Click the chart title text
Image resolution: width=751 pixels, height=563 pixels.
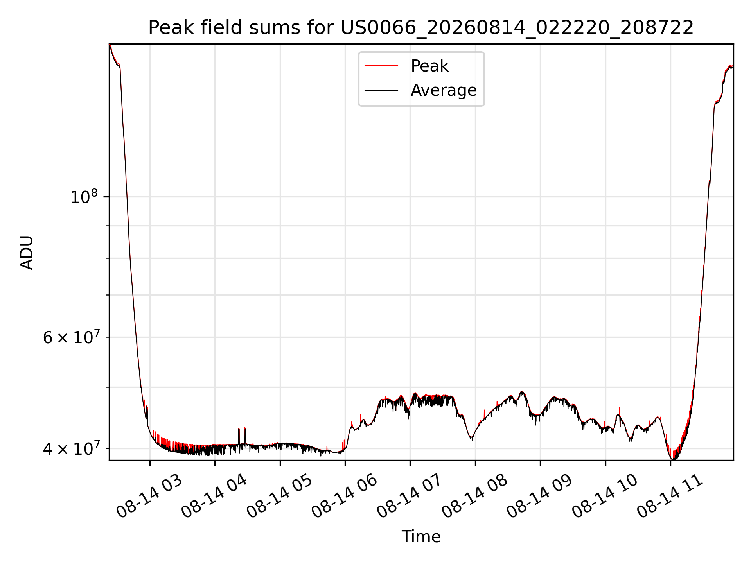(x=421, y=28)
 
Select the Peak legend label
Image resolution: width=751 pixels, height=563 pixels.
(x=429, y=66)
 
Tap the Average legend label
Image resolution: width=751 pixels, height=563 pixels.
(x=444, y=90)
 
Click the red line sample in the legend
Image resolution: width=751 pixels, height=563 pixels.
(x=381, y=66)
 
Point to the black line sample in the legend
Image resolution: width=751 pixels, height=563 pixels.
(x=381, y=90)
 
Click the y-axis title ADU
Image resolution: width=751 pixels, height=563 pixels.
(x=27, y=253)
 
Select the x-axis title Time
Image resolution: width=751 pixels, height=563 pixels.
(x=421, y=537)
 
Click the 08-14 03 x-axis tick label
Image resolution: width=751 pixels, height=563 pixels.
(x=149, y=496)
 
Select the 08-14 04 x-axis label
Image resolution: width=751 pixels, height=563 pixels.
(x=214, y=496)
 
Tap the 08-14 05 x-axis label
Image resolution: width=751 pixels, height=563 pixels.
(x=280, y=496)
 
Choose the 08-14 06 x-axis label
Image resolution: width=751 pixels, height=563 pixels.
(x=345, y=496)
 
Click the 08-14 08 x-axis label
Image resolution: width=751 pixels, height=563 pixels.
(x=475, y=496)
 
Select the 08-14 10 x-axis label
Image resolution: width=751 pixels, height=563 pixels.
(x=605, y=496)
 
